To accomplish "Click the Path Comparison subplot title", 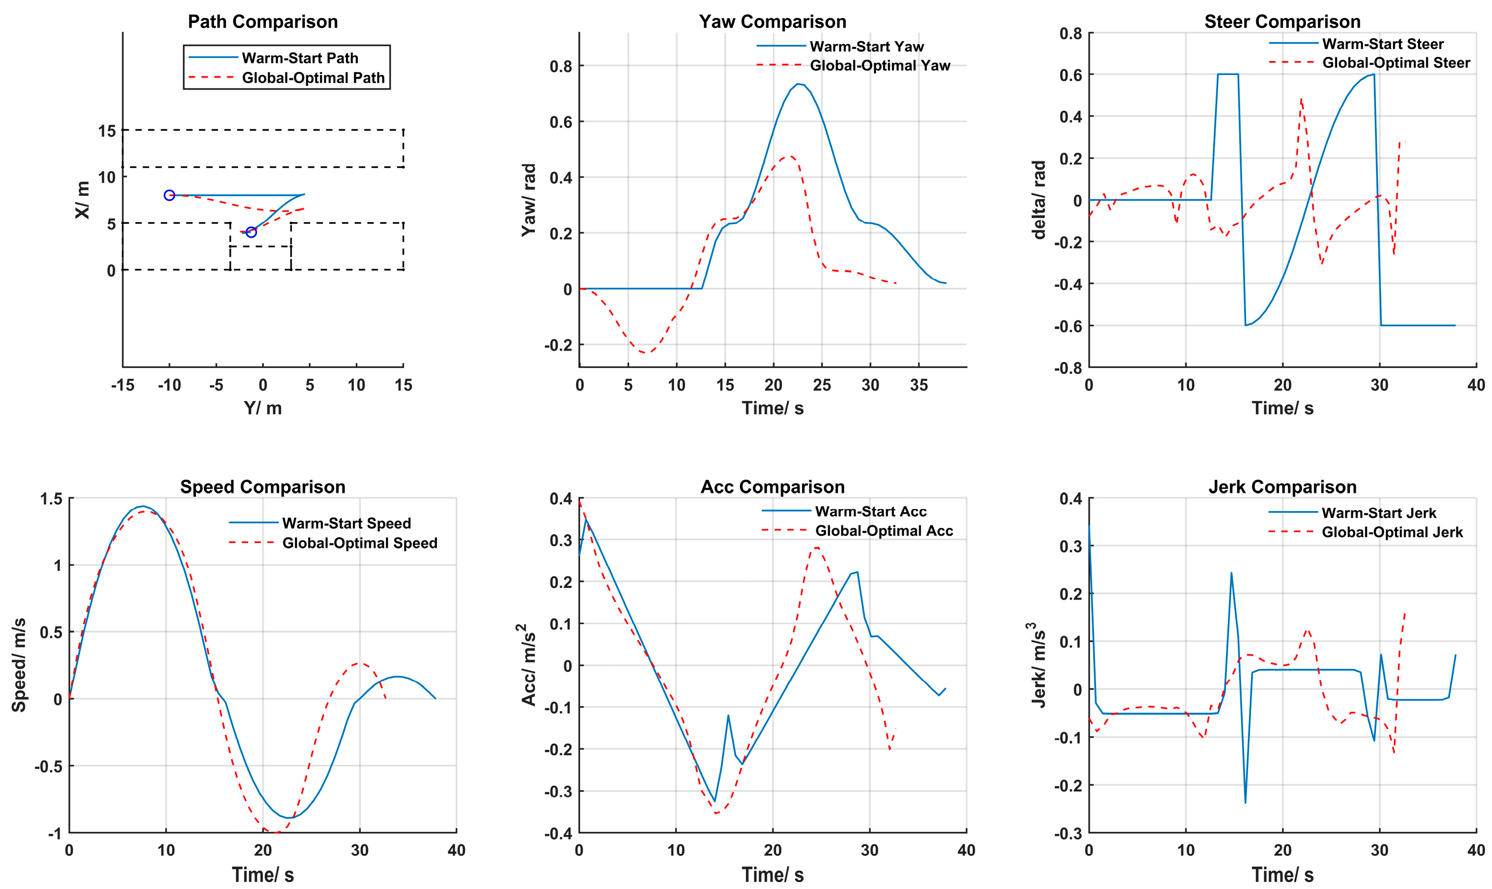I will click(x=263, y=22).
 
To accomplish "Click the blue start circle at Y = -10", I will click(x=169, y=195).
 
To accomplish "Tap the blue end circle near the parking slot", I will click(x=251, y=233).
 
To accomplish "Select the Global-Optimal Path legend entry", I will click(x=313, y=78).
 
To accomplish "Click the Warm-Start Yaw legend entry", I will click(x=866, y=46).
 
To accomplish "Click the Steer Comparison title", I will click(x=1282, y=22).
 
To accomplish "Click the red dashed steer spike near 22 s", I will click(x=1301, y=99).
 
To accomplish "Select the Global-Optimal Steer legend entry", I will click(x=1395, y=63).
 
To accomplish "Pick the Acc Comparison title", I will click(x=772, y=487).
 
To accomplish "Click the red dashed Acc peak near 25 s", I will click(x=816, y=547).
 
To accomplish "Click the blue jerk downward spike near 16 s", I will click(x=1245, y=803).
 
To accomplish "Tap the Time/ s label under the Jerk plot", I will click(x=1282, y=875).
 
